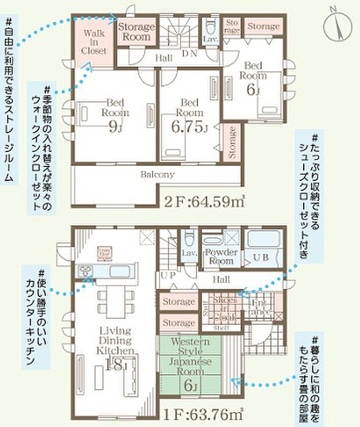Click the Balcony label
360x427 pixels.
pos(157,174)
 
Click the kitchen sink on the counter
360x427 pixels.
pos(86,270)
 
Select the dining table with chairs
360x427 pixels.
pos(113,301)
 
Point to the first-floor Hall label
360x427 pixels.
pos(221,280)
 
